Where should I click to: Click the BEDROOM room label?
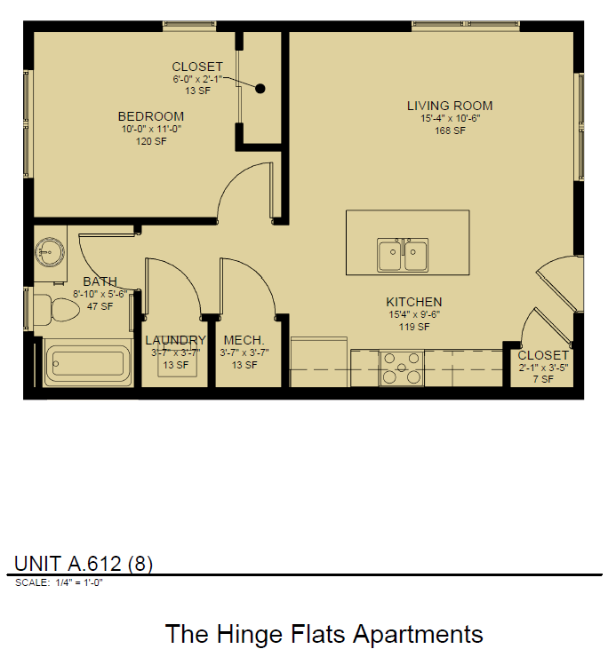(x=151, y=116)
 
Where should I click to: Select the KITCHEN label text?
(x=413, y=302)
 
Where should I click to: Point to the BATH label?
(x=100, y=281)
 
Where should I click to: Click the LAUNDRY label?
(x=175, y=340)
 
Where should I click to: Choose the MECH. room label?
(x=244, y=340)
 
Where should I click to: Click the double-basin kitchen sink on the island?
(x=403, y=256)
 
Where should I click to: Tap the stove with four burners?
(x=402, y=368)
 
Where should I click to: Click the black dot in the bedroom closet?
(x=260, y=88)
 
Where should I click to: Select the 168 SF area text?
(x=450, y=131)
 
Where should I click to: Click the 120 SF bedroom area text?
(x=151, y=141)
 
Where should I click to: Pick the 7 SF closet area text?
(x=542, y=379)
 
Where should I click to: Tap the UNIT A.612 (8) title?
(x=84, y=564)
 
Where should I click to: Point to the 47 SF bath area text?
(x=100, y=306)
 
